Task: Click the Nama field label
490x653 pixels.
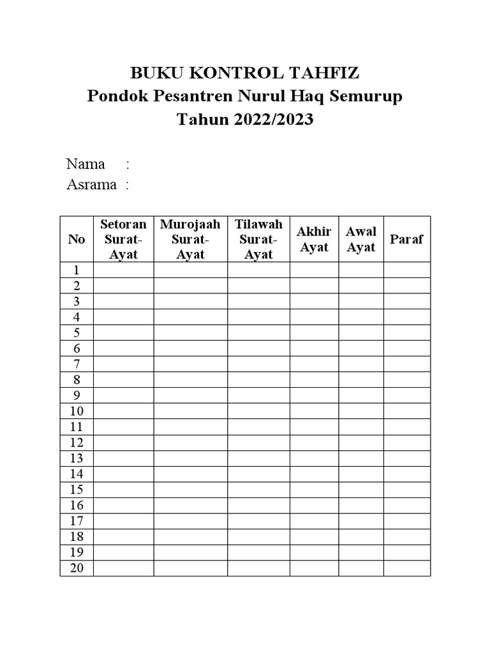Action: [x=85, y=164]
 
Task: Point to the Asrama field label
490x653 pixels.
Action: [x=91, y=185]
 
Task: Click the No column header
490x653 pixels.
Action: [x=77, y=239]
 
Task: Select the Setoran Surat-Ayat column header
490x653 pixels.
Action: [x=123, y=239]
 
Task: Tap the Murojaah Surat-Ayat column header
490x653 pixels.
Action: [x=190, y=239]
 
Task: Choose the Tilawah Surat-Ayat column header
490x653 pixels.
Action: [x=258, y=239]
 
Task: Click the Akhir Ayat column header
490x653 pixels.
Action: [x=314, y=239]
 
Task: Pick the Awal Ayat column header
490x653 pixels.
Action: [x=361, y=239]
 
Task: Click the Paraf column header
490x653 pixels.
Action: [x=406, y=239]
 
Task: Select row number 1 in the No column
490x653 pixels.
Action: [x=77, y=270]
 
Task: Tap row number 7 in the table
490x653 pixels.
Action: [x=77, y=364]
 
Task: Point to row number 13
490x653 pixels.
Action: [x=77, y=458]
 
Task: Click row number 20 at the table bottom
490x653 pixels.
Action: [x=77, y=568]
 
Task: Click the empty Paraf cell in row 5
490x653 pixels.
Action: [x=406, y=332]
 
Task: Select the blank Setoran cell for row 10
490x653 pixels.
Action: [x=123, y=411]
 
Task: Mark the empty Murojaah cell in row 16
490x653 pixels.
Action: [x=190, y=505]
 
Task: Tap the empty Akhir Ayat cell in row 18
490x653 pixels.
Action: [x=314, y=536]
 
